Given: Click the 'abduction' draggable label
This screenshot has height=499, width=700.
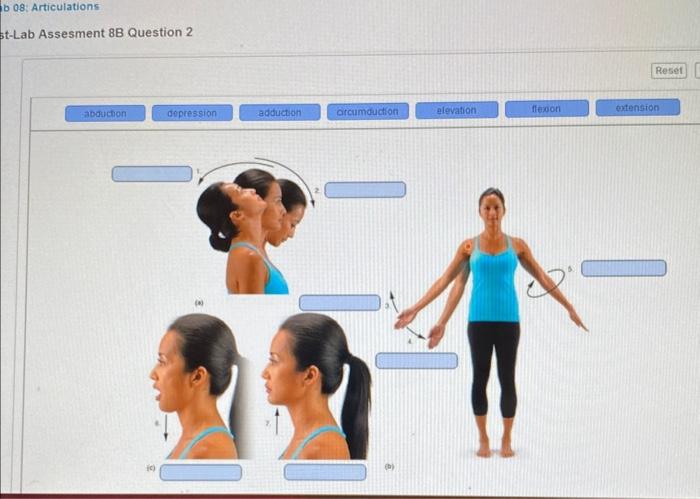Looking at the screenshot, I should (x=105, y=113).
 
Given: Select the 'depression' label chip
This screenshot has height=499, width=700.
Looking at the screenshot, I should (x=192, y=113).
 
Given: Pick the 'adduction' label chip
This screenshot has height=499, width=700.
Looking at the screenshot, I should (x=279, y=112).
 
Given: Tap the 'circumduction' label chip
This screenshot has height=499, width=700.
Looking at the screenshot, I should (x=367, y=111).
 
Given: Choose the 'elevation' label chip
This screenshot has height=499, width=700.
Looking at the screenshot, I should (x=456, y=110).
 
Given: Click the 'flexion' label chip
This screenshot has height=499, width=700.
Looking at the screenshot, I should (x=546, y=108).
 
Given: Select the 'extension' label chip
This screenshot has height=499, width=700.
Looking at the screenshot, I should (x=637, y=107).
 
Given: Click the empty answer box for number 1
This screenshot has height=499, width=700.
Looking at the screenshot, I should (x=151, y=174).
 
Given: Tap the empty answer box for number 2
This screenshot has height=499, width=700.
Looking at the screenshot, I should (x=365, y=189).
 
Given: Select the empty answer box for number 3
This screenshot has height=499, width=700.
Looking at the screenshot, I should (x=339, y=302).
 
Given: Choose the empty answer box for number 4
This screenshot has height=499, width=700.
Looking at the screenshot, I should (x=416, y=360).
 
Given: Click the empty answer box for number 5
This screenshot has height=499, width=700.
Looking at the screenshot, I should (x=623, y=268).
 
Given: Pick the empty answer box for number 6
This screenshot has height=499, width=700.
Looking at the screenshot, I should (x=200, y=472).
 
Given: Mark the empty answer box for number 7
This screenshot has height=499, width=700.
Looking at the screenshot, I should (x=324, y=472).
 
